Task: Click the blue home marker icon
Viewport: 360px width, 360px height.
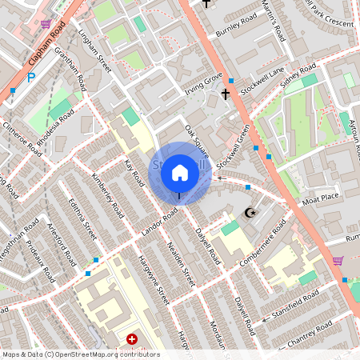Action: click(180, 172)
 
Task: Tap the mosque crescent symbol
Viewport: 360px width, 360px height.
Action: click(250, 213)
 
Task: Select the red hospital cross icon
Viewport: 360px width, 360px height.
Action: click(132, 339)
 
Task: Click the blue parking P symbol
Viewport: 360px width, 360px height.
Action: click(31, 78)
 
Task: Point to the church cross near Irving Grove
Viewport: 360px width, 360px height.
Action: click(225, 94)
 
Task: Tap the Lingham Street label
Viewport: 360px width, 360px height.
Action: click(95, 49)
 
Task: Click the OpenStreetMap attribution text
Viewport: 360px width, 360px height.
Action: click(80, 354)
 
